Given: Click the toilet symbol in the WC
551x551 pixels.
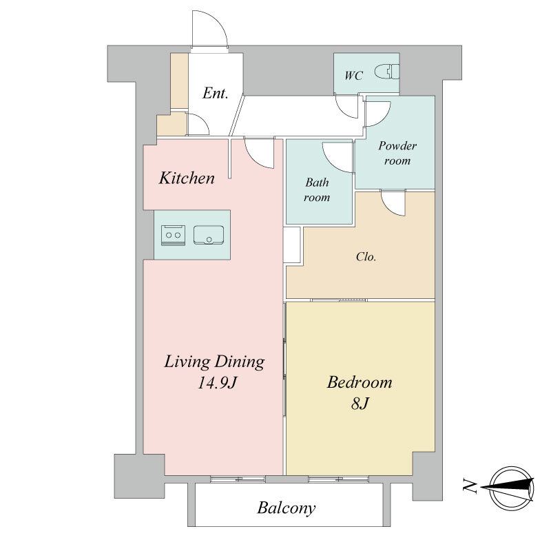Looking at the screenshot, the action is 387,72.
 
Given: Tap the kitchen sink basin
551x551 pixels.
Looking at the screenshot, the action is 209,235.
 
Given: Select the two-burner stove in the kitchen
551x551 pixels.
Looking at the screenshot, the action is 174,235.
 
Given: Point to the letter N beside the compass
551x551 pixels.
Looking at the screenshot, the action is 470,486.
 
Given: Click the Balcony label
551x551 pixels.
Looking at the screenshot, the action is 287,508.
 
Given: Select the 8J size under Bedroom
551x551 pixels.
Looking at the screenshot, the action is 360,404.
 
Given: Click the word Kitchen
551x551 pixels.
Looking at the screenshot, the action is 187,178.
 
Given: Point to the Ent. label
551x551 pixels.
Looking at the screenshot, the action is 216,93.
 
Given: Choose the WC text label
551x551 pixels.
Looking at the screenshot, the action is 353,76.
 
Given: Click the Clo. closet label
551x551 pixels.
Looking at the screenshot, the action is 366,257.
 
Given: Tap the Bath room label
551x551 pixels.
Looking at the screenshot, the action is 317,190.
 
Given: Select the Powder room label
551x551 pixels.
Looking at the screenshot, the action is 397,153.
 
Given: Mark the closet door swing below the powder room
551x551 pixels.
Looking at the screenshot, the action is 393,203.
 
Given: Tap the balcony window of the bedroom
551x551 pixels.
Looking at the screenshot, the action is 339,479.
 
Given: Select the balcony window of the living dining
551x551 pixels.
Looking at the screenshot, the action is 238,479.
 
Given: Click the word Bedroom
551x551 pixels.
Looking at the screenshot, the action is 360,382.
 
